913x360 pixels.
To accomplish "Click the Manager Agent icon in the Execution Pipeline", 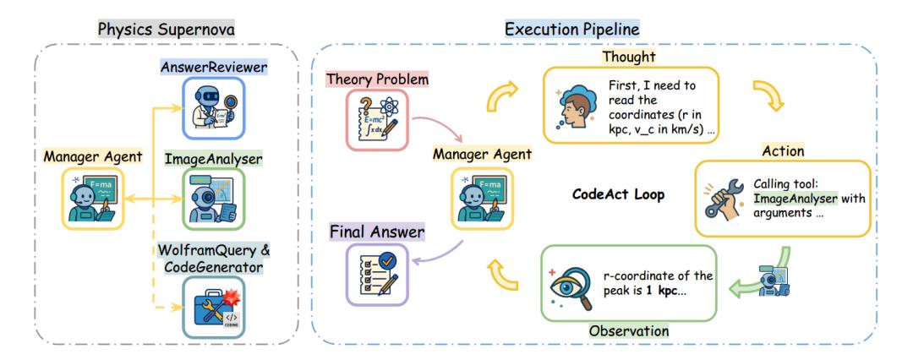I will pos(482,196).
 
